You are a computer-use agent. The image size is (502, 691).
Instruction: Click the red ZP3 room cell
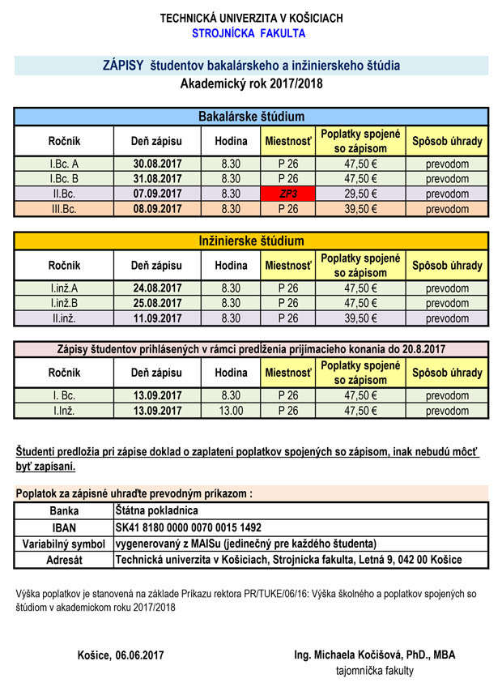(x=287, y=194)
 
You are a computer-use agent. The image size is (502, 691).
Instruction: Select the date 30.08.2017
(x=157, y=164)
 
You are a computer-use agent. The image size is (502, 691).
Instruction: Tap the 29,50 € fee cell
(x=361, y=194)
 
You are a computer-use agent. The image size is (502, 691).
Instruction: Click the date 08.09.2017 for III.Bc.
(x=157, y=209)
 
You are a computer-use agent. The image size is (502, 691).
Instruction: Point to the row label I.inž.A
(x=64, y=288)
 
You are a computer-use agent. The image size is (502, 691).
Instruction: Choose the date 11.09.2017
(x=157, y=318)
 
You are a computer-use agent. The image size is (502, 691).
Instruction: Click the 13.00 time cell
(x=231, y=411)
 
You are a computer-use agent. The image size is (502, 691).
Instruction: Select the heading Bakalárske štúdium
(x=251, y=117)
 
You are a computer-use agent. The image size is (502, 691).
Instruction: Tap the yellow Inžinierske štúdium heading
(x=251, y=241)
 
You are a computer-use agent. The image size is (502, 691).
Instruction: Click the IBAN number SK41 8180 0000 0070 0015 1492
(x=189, y=527)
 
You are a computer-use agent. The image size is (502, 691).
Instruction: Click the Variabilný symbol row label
(x=64, y=544)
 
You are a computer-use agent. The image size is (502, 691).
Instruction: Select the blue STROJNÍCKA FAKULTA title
(x=249, y=33)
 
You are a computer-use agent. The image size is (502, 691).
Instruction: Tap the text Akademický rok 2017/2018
(x=251, y=83)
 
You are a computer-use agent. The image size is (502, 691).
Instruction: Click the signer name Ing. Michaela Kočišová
(x=375, y=655)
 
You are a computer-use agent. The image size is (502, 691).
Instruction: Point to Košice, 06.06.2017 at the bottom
(x=121, y=655)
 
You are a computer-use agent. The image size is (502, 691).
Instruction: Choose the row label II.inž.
(x=64, y=318)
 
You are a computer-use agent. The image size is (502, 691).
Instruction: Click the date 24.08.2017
(x=157, y=288)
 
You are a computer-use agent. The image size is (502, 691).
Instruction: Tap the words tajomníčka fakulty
(x=374, y=671)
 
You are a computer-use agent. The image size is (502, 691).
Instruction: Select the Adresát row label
(x=64, y=560)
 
